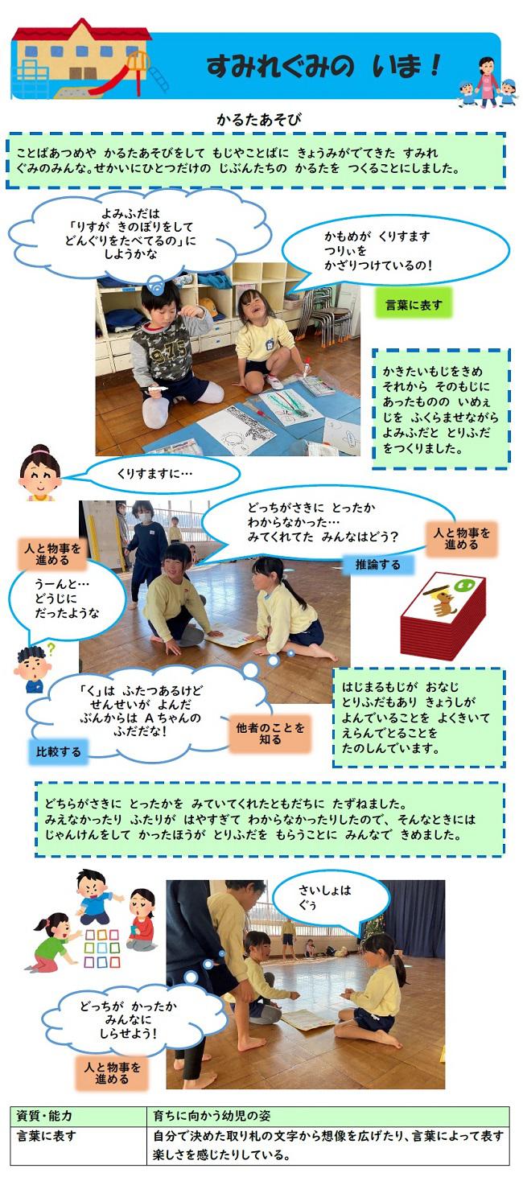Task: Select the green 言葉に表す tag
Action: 413,304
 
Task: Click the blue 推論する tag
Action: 377,564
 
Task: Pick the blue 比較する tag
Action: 59,752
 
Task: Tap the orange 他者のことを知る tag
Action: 270,733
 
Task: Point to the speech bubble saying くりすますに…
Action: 161,475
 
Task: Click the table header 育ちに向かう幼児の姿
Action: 212,1117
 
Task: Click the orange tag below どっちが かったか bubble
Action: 112,1073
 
